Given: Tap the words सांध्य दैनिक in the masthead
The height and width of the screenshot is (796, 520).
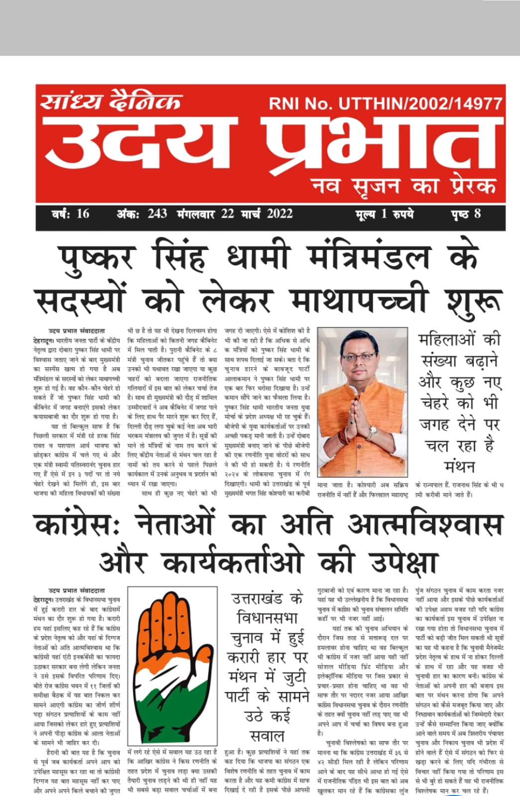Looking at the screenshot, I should pos(110,102).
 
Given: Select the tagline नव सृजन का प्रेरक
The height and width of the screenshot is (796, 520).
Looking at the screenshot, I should pos(404,186).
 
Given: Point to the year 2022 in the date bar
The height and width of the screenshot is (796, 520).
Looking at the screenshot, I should pos(279,214).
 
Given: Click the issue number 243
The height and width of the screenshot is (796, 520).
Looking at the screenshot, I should pos(157,214).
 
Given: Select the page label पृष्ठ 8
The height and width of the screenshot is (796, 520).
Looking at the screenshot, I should pos(466,214).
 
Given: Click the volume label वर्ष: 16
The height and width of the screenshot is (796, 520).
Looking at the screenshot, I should pos(70,214).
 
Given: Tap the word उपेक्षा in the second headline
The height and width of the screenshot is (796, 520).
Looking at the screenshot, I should pos(404,562).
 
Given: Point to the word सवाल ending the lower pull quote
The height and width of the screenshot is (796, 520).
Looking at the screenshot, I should pos(267,736).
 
